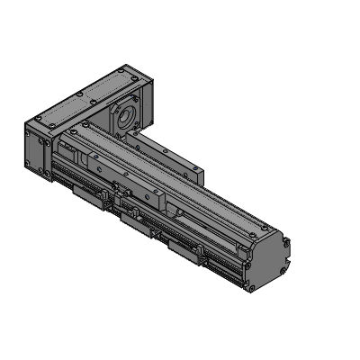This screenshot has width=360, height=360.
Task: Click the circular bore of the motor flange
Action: pyautogui.click(x=123, y=114)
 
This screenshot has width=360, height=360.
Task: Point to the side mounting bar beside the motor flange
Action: pyautogui.click(x=171, y=153)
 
